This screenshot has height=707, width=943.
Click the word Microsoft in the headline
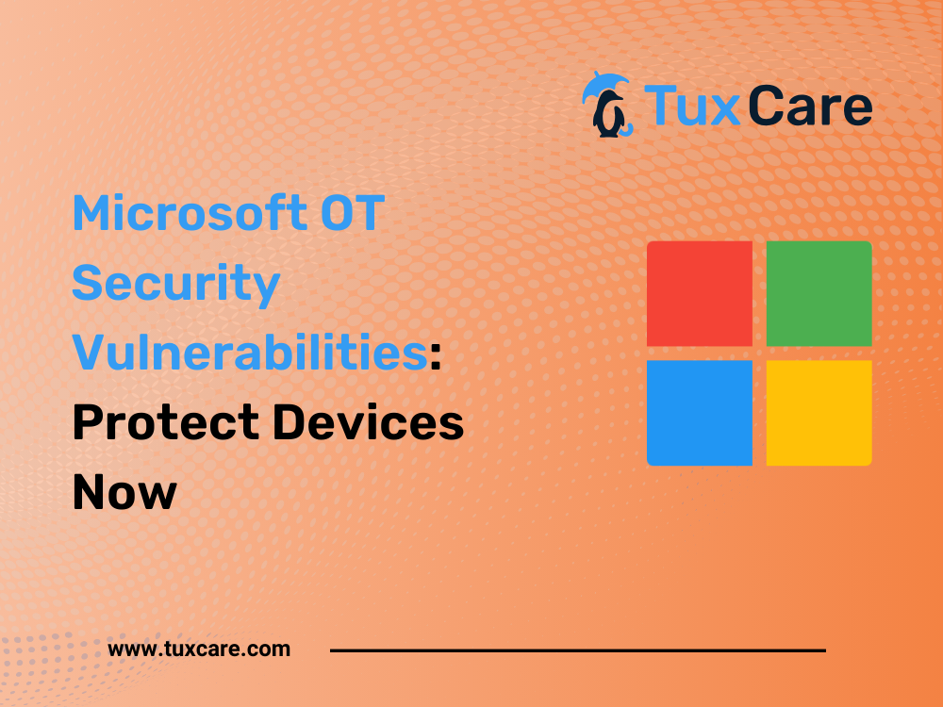[x=190, y=213]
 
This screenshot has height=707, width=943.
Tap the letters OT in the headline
[x=353, y=213]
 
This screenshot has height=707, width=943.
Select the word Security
[x=176, y=285]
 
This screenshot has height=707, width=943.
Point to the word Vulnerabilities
[x=250, y=352]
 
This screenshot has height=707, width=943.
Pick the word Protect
[x=166, y=422]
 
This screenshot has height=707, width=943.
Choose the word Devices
[x=368, y=422]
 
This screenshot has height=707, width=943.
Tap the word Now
[x=124, y=492]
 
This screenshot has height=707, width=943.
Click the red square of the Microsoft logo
[x=700, y=293]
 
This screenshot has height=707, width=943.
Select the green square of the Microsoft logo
[x=819, y=293]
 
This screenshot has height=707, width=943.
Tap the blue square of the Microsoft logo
[x=700, y=413]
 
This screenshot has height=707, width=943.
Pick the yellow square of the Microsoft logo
[x=819, y=413]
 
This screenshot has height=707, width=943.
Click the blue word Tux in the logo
[x=691, y=107]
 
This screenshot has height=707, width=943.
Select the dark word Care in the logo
[x=811, y=107]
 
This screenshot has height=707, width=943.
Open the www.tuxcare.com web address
[x=199, y=649]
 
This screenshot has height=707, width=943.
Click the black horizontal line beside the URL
[x=578, y=650]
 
